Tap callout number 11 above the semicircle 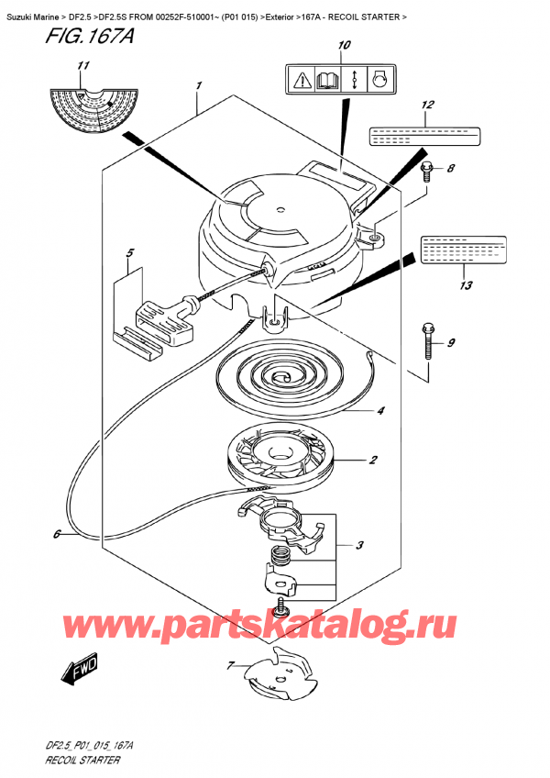point(83,66)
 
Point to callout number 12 point(426,106)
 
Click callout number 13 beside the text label point(467,286)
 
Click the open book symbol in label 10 point(327,81)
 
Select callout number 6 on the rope point(57,534)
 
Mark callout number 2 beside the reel point(374,459)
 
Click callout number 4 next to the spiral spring point(379,412)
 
